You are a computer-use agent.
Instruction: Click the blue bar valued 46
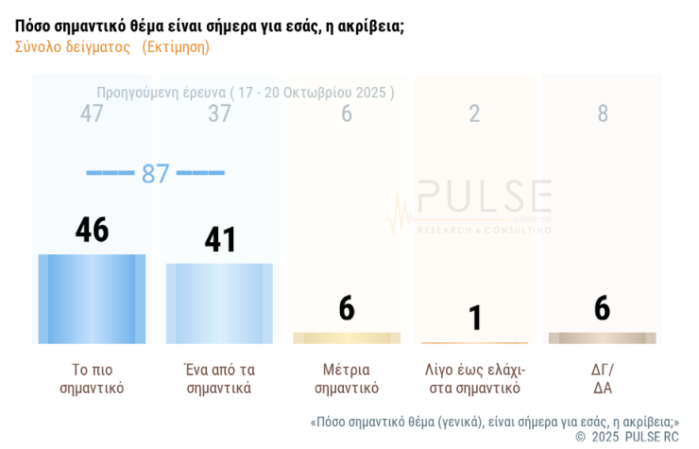(92, 299)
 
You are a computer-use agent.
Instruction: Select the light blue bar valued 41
(219, 303)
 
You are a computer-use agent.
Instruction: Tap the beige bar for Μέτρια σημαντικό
(347, 338)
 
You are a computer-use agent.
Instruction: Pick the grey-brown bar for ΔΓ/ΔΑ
(602, 338)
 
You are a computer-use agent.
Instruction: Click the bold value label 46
(92, 231)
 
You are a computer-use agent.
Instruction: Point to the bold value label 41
(220, 240)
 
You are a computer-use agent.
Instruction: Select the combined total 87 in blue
(155, 174)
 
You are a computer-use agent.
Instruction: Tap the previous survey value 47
(92, 114)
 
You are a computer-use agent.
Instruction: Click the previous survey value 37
(219, 114)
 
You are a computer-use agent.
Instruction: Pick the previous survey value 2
(474, 114)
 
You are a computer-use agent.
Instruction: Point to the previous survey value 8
(603, 114)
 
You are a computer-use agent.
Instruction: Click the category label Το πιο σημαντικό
(92, 378)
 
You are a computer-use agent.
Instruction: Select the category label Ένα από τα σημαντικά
(219, 378)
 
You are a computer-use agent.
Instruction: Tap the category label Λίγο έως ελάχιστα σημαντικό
(474, 378)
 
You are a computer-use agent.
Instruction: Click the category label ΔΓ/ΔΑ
(603, 378)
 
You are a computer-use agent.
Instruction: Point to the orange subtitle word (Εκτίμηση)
(176, 46)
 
